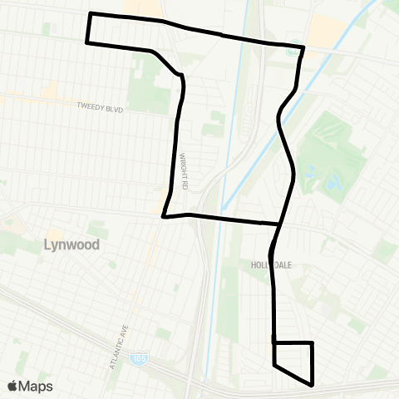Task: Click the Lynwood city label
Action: [x=71, y=245]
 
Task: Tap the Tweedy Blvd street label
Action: [x=101, y=106]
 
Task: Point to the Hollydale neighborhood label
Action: [x=268, y=264]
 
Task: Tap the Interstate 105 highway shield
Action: [x=135, y=359]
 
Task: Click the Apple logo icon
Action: [x=13, y=386]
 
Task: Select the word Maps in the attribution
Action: [x=37, y=386]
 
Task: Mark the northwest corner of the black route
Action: [x=90, y=14]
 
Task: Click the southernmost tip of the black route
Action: [x=312, y=385]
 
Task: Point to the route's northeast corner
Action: [x=303, y=47]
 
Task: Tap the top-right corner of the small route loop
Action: [x=312, y=342]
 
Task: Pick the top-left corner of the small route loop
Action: [x=273, y=342]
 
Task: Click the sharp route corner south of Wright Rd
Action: [x=163, y=217]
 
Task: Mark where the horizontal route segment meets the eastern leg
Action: [x=278, y=224]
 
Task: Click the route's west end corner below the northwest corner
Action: [x=86, y=41]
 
